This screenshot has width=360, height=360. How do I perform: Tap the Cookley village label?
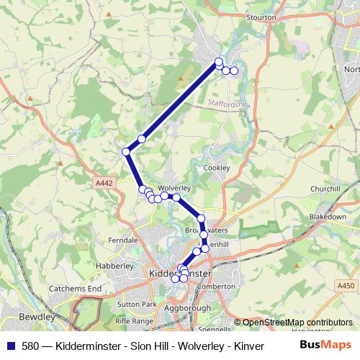pos(216,167)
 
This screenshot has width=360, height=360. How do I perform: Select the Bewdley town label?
pos(38,316)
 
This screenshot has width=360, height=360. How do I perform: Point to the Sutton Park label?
pos(136,304)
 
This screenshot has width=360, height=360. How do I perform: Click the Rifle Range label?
pos(135,320)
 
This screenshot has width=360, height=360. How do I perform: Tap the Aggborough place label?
pos(188,307)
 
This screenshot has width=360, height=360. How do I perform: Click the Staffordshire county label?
pos(228,104)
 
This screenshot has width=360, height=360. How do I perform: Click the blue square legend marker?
pos(10,345)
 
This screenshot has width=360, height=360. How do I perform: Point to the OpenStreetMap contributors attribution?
pos(293,323)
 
